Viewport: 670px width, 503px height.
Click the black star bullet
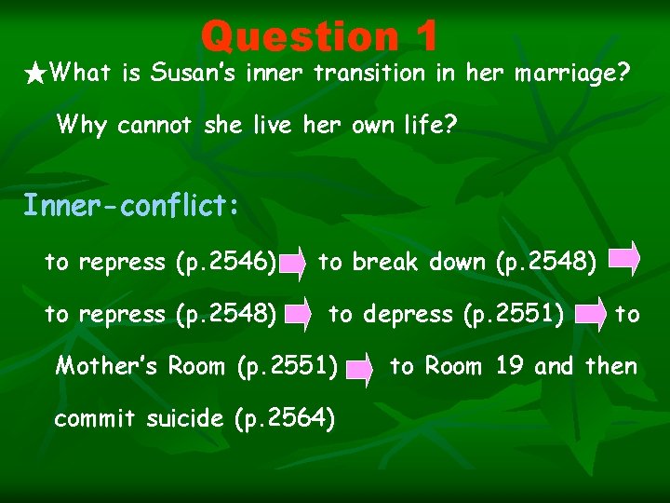pyautogui.click(x=34, y=73)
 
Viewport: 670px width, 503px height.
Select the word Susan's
pyautogui.click(x=194, y=73)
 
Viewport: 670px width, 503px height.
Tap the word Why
pyautogui.click(x=82, y=125)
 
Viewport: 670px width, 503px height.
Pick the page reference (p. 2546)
pyautogui.click(x=226, y=263)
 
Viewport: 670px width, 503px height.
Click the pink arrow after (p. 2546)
pyautogui.click(x=295, y=264)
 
